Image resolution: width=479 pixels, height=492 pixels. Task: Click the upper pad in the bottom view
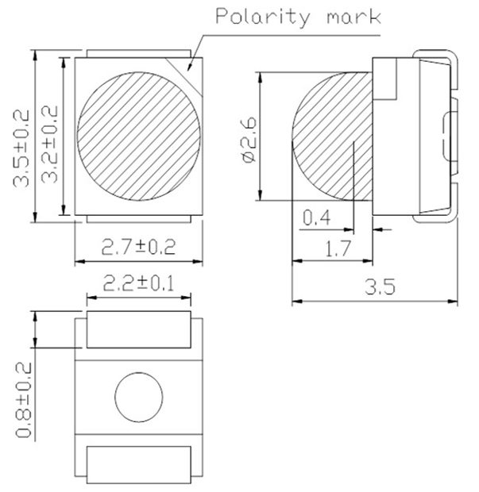[139, 331]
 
